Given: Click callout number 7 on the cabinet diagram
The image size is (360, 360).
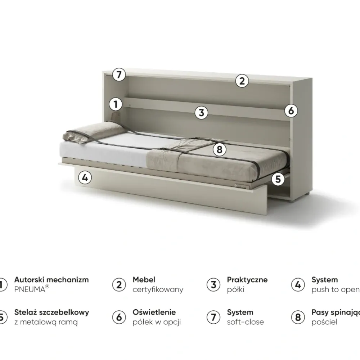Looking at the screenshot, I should [119, 75].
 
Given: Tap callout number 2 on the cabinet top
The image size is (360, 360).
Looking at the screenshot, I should [242, 81].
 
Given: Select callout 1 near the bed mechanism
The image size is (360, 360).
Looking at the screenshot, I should [116, 105].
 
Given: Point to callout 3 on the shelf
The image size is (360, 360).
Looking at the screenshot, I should [201, 113].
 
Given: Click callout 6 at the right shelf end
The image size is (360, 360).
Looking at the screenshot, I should [291, 111].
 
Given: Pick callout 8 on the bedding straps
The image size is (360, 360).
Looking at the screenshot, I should [219, 149].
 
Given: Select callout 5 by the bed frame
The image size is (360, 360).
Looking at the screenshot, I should [278, 179].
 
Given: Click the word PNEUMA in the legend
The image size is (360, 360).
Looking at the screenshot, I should [30, 289].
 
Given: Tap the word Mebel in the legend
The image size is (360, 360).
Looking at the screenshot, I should [144, 280].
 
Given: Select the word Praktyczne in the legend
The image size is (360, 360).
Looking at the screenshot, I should [247, 280].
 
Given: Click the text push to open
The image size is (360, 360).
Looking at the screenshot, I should [335, 289].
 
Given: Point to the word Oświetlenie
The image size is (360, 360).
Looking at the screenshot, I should [154, 312].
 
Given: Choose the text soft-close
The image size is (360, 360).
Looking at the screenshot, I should [245, 322].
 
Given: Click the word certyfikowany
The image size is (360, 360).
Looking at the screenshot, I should [158, 289].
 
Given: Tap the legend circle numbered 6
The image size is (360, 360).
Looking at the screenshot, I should [119, 317].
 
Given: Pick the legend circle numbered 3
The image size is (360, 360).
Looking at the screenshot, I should [213, 285].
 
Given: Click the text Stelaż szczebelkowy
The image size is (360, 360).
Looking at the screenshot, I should [51, 312].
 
